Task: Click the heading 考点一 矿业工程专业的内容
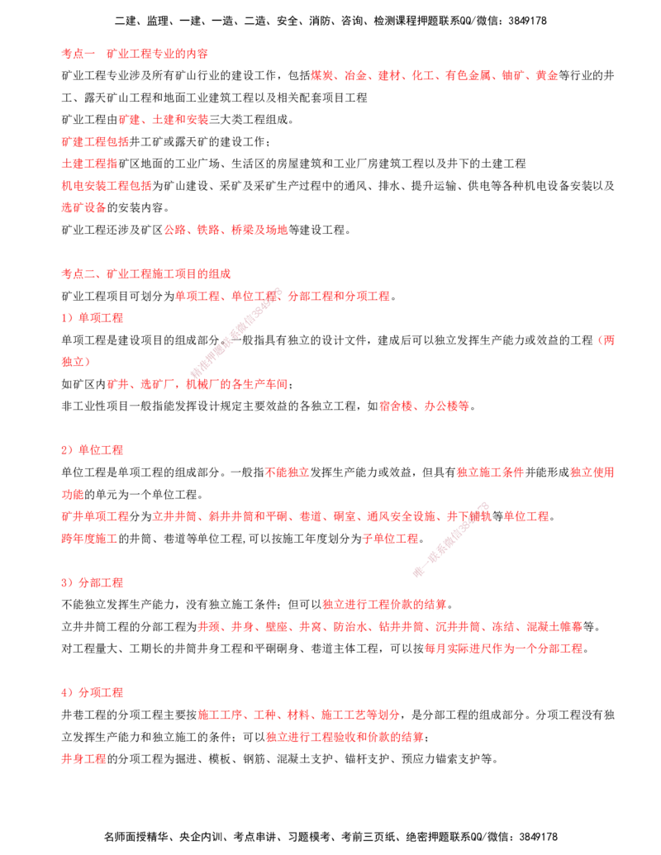tap(135, 54)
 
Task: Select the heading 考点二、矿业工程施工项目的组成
tap(146, 273)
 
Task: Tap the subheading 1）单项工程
tap(93, 318)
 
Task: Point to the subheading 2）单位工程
tap(93, 450)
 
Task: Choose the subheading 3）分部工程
tap(93, 582)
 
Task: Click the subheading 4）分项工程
tap(93, 692)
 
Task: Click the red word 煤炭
tap(321, 76)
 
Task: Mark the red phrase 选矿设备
tap(83, 207)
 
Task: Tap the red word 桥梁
tap(242, 230)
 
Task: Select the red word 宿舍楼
tap(396, 406)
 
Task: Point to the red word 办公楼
tap(441, 406)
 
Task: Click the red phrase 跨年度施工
tap(89, 539)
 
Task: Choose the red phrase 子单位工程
tap(391, 539)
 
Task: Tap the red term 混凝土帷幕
tap(554, 626)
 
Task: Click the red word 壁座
tap(277, 626)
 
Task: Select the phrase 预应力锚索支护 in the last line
tap(441, 758)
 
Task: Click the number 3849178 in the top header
tap(527, 21)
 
